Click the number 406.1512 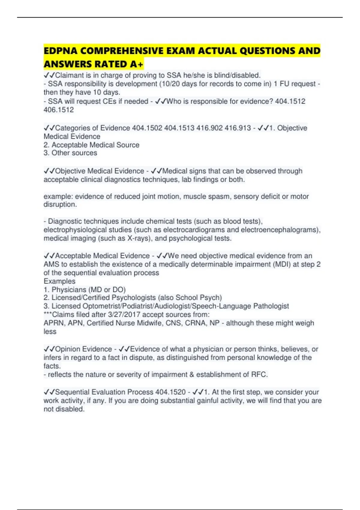pos(59,110)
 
